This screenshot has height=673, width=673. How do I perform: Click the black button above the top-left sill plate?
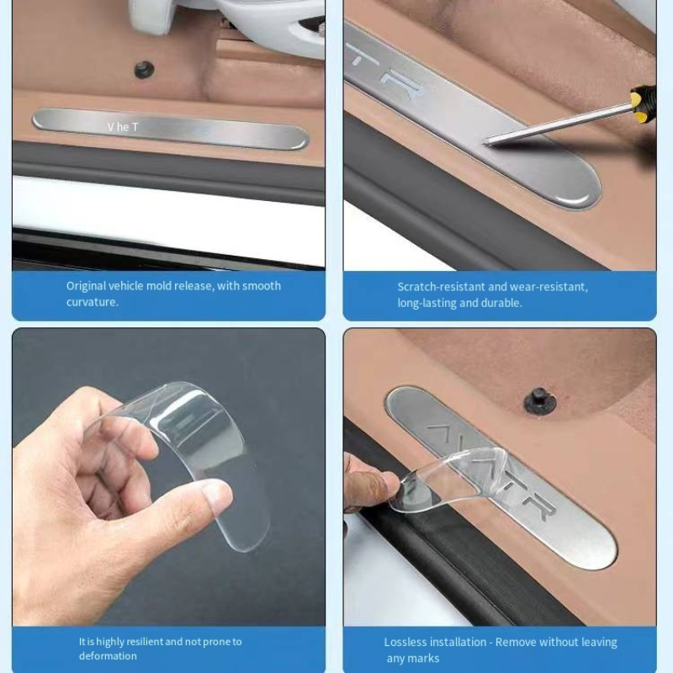144,70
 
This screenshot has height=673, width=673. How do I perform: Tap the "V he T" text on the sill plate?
123,127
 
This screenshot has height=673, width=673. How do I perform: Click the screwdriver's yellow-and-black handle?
644,103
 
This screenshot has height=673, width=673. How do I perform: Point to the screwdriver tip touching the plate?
485,140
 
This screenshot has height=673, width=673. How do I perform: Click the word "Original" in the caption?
86,286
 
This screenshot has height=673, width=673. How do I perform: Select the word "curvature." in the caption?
93,302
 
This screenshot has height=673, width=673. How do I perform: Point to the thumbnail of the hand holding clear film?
169,476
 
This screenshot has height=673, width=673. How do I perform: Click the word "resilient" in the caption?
143,642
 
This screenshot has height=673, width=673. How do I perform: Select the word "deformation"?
108,656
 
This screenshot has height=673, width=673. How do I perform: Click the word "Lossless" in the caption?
405,642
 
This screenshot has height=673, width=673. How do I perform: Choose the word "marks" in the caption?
425,659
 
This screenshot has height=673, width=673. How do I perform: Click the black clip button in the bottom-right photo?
540,400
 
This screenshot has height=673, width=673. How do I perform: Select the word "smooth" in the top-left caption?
262,286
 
